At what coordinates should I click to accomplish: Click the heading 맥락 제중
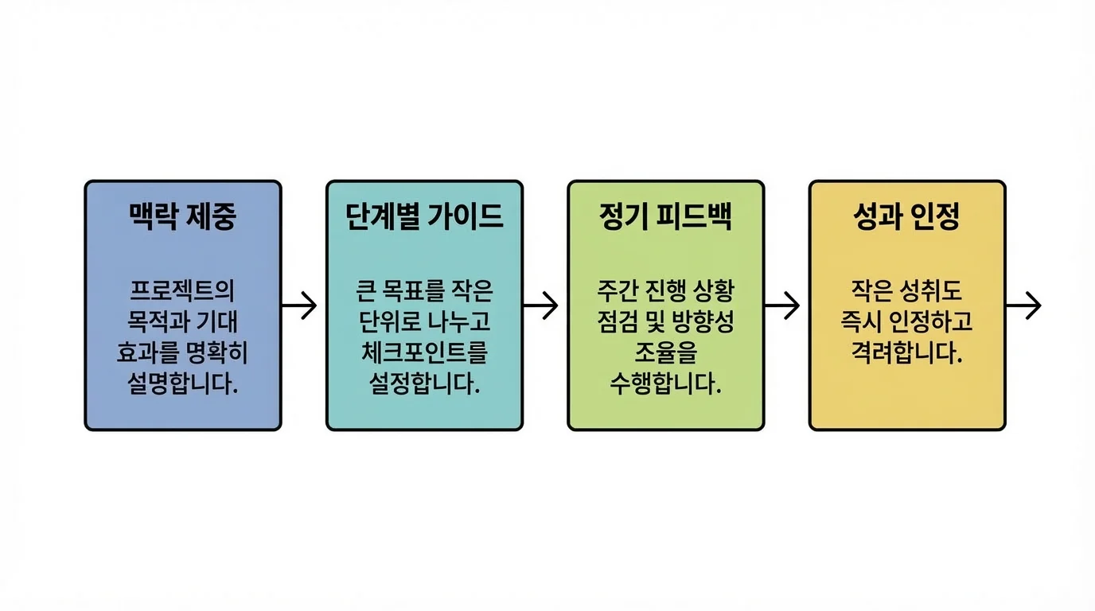point(182,217)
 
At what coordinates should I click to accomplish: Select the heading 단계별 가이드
point(424,217)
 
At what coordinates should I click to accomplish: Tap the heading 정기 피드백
point(665,217)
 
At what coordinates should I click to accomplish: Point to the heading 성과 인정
point(907,217)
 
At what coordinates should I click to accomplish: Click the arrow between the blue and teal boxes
point(299,305)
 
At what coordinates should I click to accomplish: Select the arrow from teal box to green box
point(541,305)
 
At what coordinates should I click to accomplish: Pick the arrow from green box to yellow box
point(782,305)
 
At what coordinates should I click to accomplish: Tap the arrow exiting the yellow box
point(1024,305)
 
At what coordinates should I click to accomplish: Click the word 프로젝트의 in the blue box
point(182,290)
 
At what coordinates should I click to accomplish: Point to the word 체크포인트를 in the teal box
point(424,353)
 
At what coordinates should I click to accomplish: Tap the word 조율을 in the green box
point(665,353)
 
